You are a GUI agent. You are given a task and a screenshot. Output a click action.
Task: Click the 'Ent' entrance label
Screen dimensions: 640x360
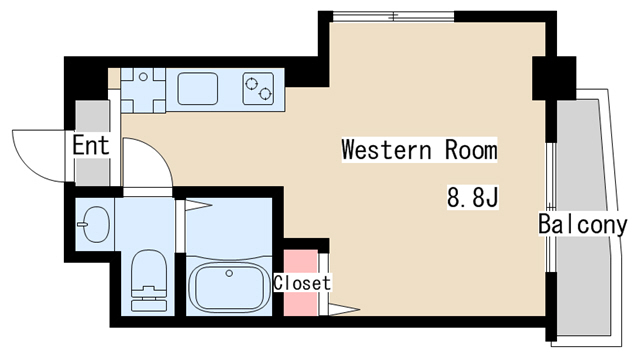91,145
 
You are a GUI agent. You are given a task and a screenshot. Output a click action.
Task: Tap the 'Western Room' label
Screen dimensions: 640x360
419,149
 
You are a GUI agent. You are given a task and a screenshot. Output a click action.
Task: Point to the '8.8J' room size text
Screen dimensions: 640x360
473,197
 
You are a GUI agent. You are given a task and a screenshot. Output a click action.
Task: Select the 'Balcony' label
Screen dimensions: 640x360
582,224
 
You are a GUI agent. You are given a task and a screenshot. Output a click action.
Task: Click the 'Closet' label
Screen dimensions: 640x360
302,283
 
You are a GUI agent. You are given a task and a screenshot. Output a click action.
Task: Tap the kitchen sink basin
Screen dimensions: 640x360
198,89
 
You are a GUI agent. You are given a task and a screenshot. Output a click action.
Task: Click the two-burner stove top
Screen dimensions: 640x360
258,89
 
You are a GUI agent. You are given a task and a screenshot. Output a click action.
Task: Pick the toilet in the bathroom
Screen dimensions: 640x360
149,281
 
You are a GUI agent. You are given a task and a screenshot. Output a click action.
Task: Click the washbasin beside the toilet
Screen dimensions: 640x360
96,224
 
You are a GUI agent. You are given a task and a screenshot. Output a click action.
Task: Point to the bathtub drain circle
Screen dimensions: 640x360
229,273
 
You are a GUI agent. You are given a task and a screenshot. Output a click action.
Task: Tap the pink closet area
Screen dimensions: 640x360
301,282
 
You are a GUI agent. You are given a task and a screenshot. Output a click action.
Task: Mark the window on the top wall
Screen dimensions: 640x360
393,17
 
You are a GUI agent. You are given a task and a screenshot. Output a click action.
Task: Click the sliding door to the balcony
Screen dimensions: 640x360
551,207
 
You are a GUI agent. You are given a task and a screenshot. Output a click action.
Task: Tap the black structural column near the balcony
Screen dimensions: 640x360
554,78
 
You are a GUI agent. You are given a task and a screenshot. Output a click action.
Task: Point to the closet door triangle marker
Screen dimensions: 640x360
344,310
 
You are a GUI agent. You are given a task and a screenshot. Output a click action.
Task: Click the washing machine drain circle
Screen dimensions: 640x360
143,76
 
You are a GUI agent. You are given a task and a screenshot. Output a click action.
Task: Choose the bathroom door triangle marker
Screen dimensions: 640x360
199,204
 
